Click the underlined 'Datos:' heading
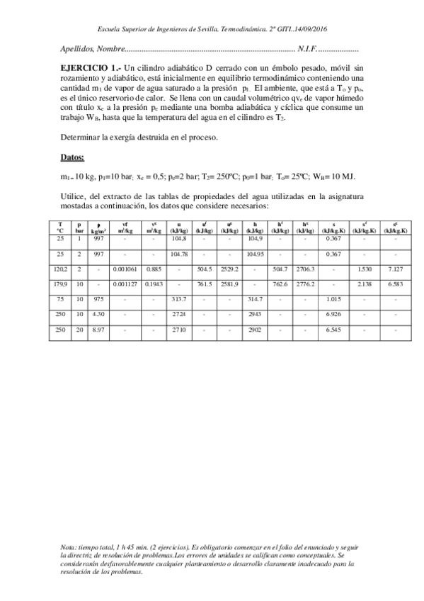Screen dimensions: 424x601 pos(73,157)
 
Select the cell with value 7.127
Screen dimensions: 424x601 pos(396,269)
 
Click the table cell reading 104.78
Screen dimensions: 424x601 pos(178,253)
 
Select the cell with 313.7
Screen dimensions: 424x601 pos(178,300)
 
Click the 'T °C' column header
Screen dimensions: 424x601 pos(60,227)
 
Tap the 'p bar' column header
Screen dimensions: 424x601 pos(80,227)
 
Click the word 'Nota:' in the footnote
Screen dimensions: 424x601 pos(69,548)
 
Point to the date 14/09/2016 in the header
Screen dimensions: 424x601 pos(315,29)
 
